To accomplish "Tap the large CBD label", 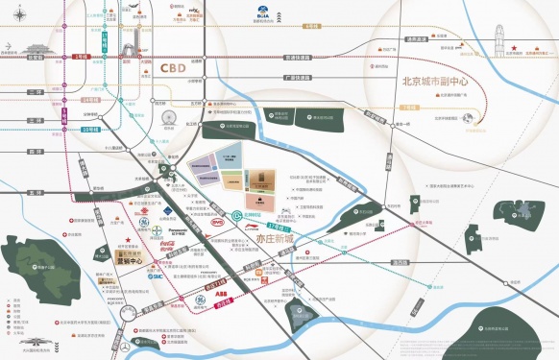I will [174, 68].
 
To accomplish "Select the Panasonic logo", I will [182, 229].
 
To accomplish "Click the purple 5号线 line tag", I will [64, 115].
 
